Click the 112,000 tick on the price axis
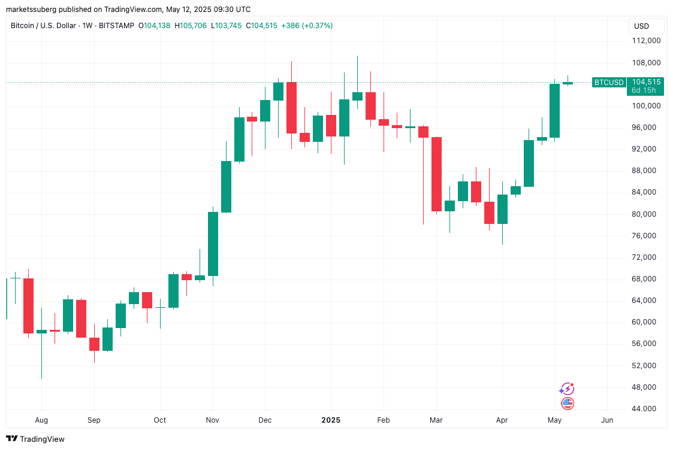[x=646, y=41]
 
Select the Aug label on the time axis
[x=41, y=420]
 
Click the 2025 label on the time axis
[x=330, y=420]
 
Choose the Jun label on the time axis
[x=607, y=420]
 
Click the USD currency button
[x=641, y=26]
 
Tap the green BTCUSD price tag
[x=608, y=83]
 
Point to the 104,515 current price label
[x=646, y=82]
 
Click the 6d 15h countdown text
[x=644, y=90]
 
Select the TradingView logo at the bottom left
[x=35, y=439]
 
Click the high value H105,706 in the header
[x=191, y=26]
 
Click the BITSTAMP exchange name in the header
[x=115, y=26]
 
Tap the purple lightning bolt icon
[x=566, y=389]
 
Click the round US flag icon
[x=567, y=404]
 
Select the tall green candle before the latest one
[x=554, y=111]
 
